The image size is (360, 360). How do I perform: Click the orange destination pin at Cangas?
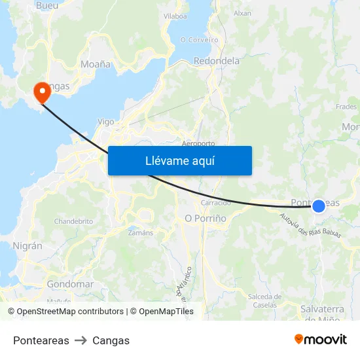point(41,91)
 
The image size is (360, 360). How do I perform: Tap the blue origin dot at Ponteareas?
point(319,206)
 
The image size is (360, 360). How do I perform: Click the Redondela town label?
point(217,61)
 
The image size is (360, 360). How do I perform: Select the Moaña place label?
point(95,64)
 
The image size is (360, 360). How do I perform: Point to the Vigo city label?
point(105,121)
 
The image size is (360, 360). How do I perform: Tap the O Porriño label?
point(206,218)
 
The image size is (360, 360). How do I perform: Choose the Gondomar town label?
point(70,285)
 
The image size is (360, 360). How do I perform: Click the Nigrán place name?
point(27,246)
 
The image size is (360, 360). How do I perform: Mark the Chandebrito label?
point(73,221)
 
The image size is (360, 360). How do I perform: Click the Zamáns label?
point(141,232)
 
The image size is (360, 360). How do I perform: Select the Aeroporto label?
point(198,143)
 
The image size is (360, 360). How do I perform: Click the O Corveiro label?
point(199,39)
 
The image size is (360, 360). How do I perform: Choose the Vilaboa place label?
point(175,15)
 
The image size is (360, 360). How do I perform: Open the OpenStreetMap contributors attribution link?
point(69,312)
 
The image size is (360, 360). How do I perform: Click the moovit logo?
point(321,339)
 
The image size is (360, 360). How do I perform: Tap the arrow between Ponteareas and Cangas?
point(81,340)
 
